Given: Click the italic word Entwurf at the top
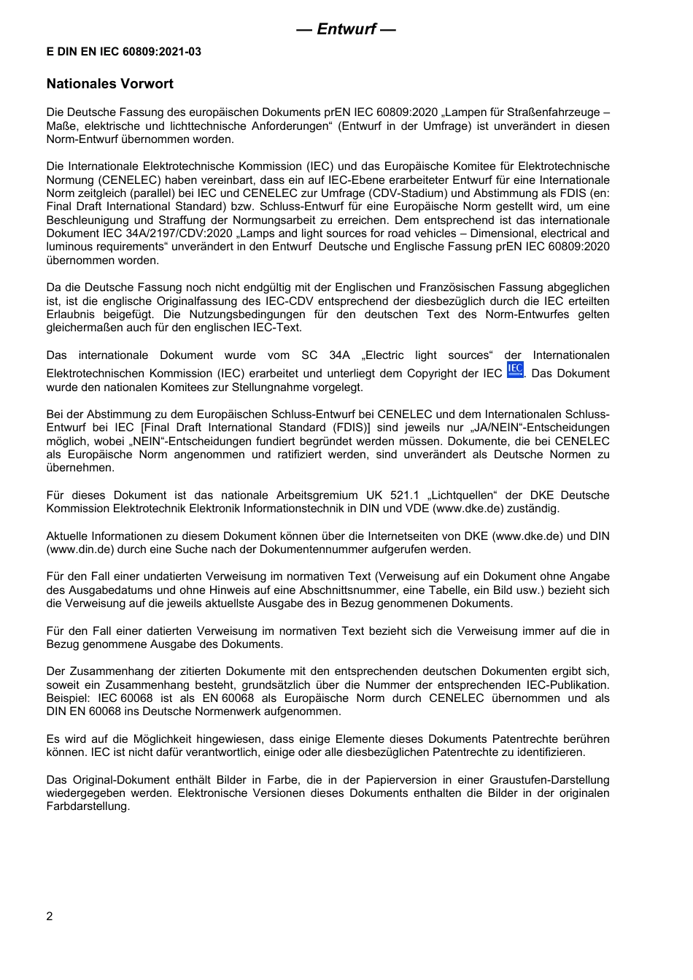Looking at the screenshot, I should point(346,29).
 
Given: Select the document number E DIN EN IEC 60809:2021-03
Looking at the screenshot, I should point(124,52).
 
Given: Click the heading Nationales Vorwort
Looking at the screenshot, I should point(110,84).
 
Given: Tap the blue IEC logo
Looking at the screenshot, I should point(515,369).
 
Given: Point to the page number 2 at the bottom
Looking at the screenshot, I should point(50,917).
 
